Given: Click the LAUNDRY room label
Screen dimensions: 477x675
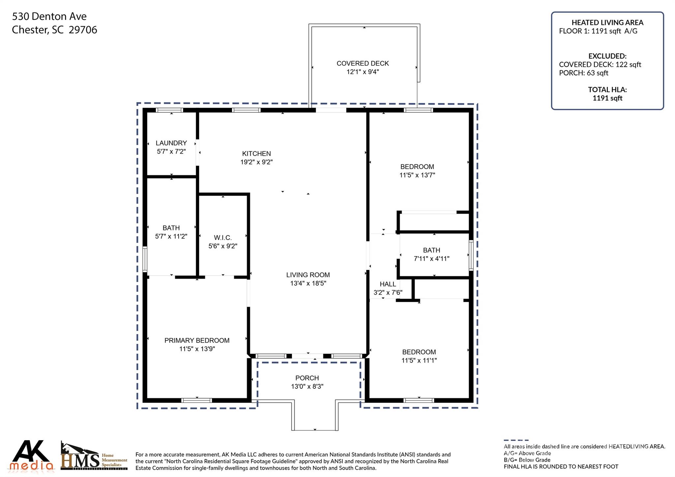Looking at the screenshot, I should click(x=171, y=143).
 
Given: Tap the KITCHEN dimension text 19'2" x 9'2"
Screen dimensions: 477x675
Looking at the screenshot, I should click(x=256, y=162).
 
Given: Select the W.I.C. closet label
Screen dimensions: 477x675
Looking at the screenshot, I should click(x=223, y=238).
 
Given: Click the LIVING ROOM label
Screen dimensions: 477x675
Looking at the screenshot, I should click(x=308, y=275).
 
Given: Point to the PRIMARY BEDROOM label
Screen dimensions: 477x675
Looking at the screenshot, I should click(x=197, y=341).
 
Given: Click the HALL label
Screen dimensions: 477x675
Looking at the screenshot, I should click(x=388, y=284).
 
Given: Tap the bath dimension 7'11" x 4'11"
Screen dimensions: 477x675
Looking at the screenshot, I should click(x=431, y=259).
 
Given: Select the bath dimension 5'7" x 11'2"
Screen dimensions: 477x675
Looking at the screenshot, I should click(x=171, y=236).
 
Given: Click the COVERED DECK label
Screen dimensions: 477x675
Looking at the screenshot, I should click(x=363, y=63).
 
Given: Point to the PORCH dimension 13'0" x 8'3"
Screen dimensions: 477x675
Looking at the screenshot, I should click(x=307, y=387).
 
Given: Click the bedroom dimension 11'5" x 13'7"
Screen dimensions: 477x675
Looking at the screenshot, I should click(x=417, y=175).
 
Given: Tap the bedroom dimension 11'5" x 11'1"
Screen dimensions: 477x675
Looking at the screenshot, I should click(x=419, y=361).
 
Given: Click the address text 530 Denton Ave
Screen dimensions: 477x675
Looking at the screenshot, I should click(x=49, y=16).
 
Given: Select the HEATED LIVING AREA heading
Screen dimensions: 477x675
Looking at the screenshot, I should click(x=607, y=22).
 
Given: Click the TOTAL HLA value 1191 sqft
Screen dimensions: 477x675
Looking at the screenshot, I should click(x=607, y=98).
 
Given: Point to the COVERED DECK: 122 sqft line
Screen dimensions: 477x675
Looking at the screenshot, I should click(x=600, y=65).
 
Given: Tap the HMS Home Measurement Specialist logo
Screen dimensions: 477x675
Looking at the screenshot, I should click(x=94, y=457).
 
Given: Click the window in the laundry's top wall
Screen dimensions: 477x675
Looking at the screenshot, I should click(x=169, y=110).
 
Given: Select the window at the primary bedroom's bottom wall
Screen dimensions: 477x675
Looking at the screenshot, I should click(x=196, y=401).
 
